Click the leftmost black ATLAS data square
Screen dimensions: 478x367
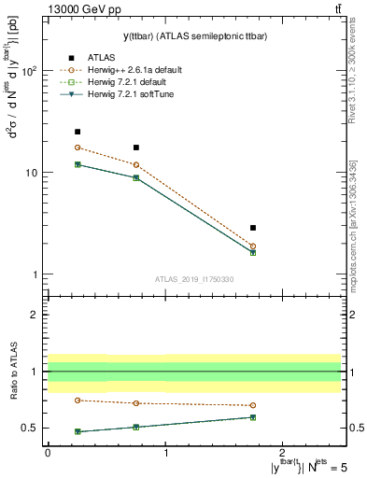point(78,132)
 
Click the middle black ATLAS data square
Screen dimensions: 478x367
point(136,148)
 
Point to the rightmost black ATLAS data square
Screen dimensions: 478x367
point(253,228)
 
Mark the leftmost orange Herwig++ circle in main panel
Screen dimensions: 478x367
point(78,148)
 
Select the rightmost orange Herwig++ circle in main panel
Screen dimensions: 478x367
point(253,246)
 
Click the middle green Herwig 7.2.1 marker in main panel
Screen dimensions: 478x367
point(136,177)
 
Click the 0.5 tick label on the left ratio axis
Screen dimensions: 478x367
point(28,429)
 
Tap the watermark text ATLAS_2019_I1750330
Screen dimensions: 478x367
point(194,279)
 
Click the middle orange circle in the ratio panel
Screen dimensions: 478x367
point(136,403)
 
